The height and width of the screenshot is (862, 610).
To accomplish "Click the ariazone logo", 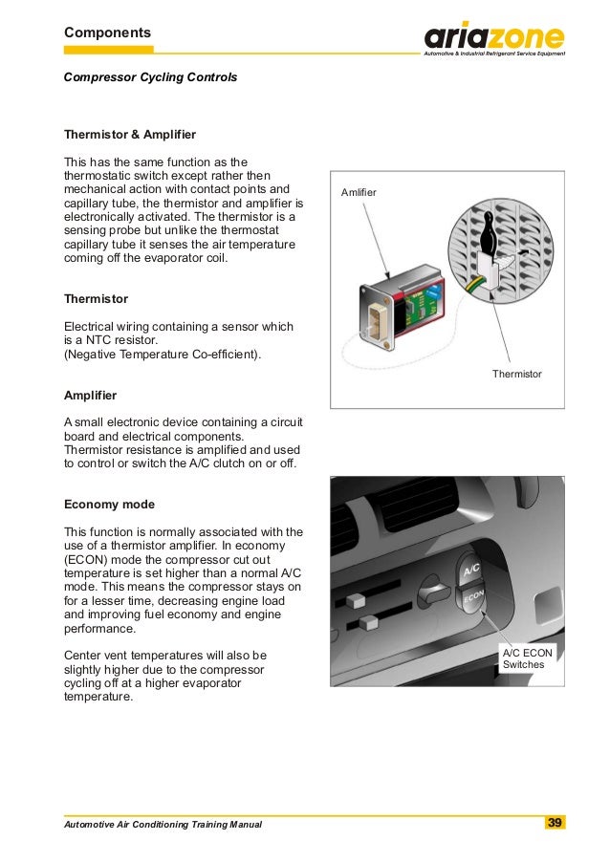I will [x=494, y=38].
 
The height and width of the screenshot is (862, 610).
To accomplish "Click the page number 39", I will [x=554, y=823].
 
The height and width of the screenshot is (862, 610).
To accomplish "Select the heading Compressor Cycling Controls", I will [x=150, y=75].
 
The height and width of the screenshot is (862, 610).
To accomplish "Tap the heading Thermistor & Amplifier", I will [x=129, y=134].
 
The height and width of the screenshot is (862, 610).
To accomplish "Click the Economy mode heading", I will [x=109, y=504].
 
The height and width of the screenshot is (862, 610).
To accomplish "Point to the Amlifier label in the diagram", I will [x=359, y=193].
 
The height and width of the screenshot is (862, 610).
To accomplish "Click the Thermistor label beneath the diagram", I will [x=516, y=374].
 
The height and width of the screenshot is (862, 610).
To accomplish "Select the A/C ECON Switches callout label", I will [x=527, y=658].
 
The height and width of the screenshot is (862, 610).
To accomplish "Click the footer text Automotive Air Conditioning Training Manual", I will [x=162, y=824].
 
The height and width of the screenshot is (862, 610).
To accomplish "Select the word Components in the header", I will [x=107, y=32].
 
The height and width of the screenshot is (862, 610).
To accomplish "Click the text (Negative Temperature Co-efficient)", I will [x=162, y=355].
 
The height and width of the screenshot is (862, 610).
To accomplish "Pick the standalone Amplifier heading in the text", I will [x=91, y=394].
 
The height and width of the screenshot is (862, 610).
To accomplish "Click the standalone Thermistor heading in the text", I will [x=96, y=298].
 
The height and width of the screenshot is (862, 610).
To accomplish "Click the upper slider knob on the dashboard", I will [x=357, y=601].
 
